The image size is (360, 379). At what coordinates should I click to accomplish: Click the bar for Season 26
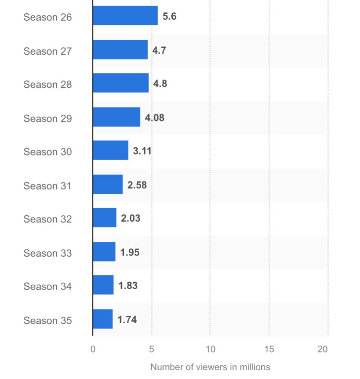[x=125, y=16]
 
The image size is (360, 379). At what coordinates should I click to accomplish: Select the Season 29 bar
[x=117, y=117]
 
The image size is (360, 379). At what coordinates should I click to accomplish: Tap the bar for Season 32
[x=105, y=218]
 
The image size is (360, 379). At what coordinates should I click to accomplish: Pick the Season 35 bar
[x=103, y=319]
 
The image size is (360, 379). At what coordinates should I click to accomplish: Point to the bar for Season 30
[x=111, y=151]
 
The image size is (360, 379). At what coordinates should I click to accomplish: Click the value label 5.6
[x=169, y=16]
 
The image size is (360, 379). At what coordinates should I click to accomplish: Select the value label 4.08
[x=155, y=117]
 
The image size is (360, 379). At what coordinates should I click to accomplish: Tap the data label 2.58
[x=137, y=185]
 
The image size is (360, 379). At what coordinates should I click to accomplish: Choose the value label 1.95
[x=130, y=252]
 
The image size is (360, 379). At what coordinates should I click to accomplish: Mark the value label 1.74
[x=127, y=319]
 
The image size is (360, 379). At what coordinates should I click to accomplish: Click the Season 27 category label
[x=47, y=51]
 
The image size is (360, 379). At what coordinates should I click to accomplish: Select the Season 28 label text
[x=47, y=84]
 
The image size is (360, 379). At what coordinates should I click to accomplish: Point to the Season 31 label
[x=47, y=186]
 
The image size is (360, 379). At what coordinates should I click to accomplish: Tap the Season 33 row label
[x=47, y=253]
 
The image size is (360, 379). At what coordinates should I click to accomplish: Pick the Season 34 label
[x=47, y=286]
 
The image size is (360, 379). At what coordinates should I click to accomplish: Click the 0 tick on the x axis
[x=93, y=349]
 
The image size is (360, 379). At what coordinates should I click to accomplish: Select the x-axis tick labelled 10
[x=210, y=349]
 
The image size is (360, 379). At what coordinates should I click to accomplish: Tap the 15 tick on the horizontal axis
[x=269, y=349]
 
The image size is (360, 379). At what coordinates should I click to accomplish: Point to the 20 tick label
[x=322, y=349]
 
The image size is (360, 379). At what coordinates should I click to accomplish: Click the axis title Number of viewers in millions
[x=210, y=367]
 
